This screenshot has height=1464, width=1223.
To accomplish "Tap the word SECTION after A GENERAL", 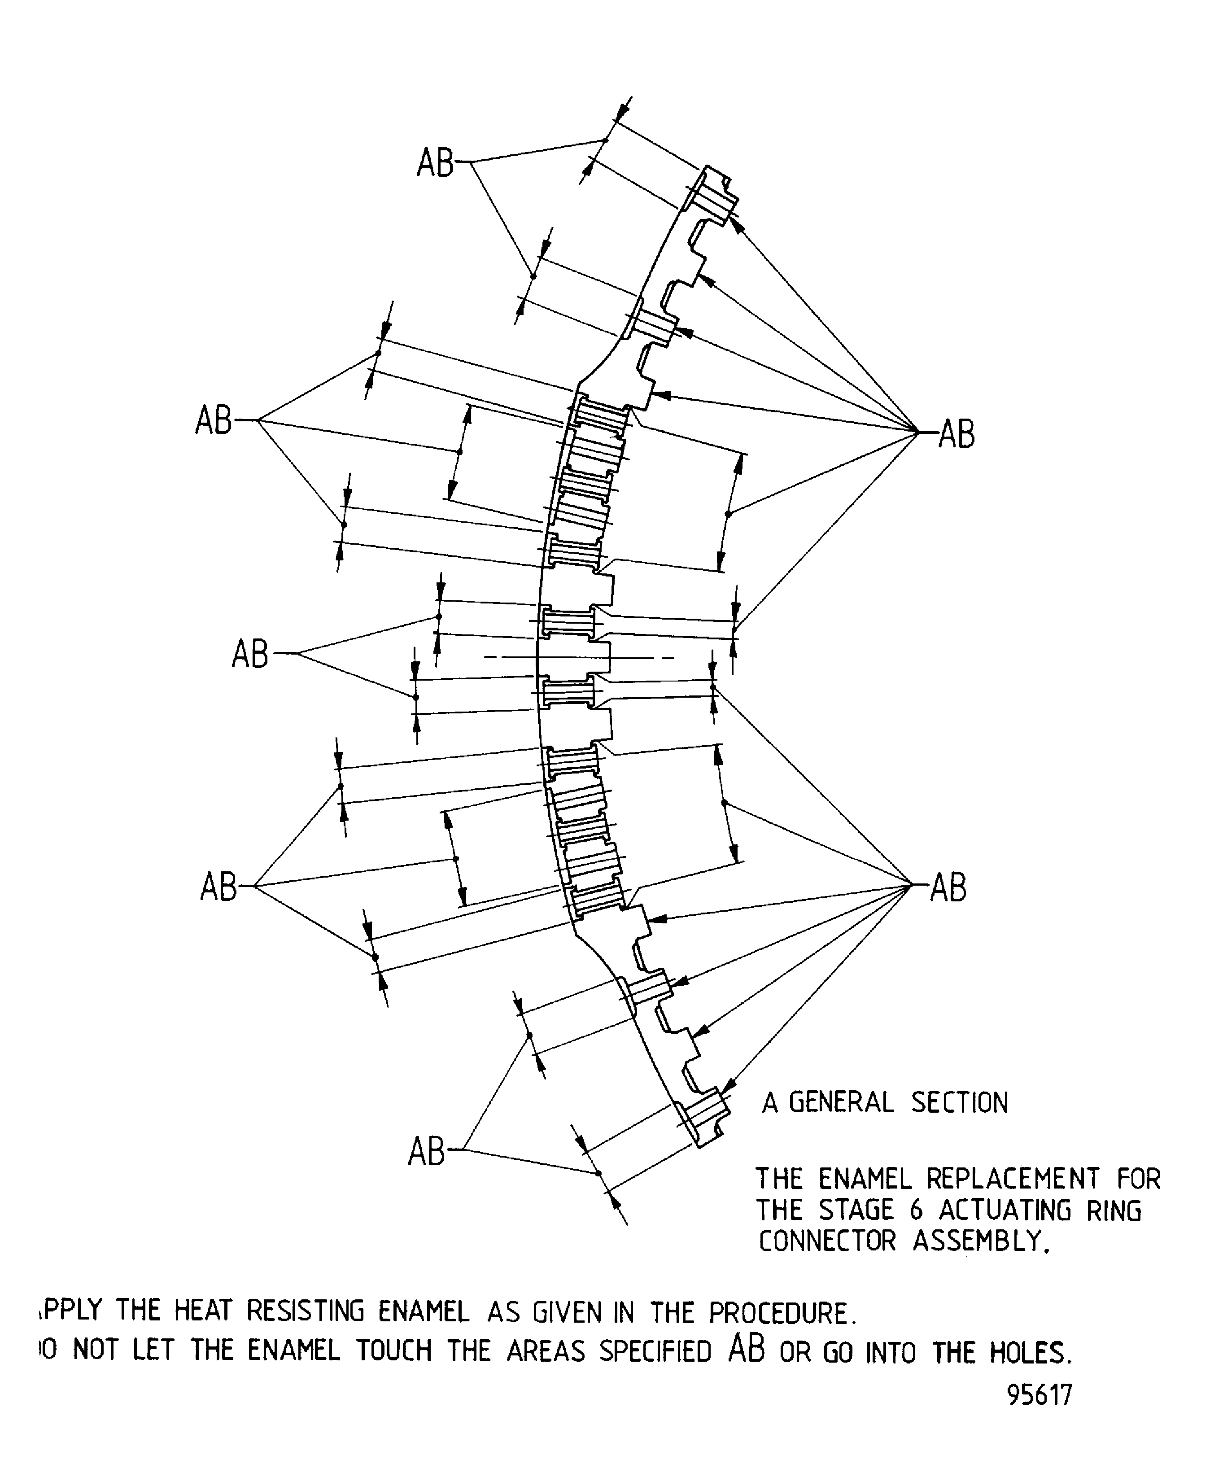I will click(960, 1102).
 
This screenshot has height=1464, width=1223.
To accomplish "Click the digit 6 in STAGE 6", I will click(916, 1210).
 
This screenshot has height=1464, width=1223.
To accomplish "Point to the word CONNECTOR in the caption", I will click(827, 1241).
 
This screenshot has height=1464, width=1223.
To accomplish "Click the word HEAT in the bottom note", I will click(202, 1311).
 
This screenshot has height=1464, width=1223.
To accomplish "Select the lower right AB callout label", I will click(948, 888).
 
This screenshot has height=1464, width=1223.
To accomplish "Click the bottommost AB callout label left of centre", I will click(426, 1151).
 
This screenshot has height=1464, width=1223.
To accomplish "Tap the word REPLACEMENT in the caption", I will click(1013, 1179).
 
